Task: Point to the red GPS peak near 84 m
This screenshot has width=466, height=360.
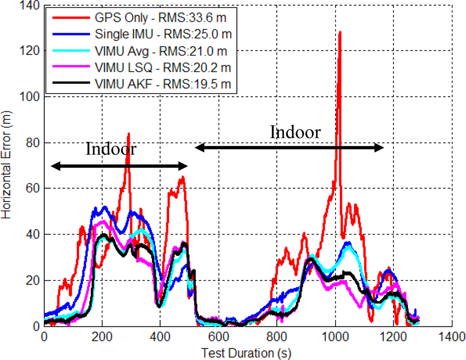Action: tap(128, 134)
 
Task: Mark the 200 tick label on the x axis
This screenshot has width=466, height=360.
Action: tap(102, 336)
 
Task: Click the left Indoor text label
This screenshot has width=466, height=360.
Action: tap(111, 149)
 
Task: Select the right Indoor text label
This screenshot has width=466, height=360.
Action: tap(295, 132)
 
